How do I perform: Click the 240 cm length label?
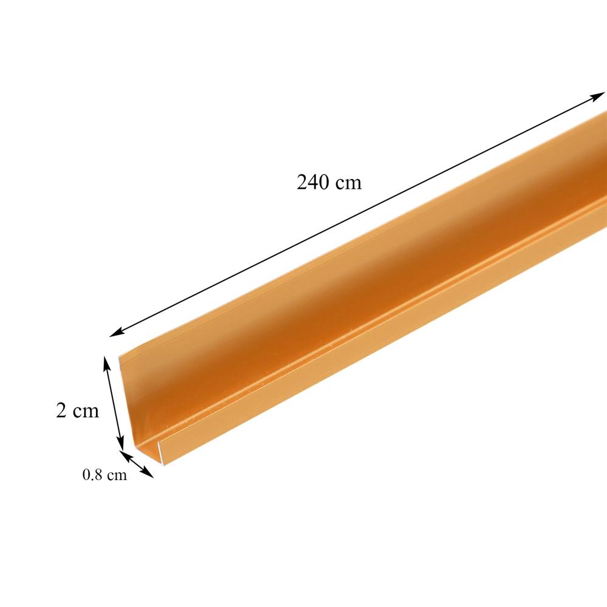pyautogui.click(x=329, y=182)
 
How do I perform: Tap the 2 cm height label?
pyautogui.click(x=77, y=411)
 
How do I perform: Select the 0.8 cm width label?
pyautogui.click(x=104, y=475)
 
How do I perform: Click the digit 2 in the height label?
pyautogui.click(x=61, y=411)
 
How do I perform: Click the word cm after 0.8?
pyautogui.click(x=117, y=475)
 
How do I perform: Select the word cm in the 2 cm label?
pyautogui.click(x=86, y=412)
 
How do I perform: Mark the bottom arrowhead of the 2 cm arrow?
pyautogui.click(x=121, y=444)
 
